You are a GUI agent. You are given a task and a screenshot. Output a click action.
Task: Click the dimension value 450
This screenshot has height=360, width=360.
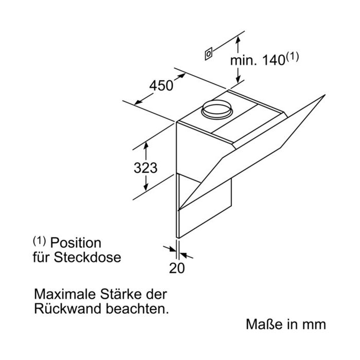161,86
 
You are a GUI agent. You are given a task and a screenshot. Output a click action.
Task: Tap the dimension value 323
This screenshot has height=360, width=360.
146,168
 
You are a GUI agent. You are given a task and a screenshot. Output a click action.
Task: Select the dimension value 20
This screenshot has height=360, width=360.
177,268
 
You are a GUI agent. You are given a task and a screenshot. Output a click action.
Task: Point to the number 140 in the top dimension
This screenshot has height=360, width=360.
273,60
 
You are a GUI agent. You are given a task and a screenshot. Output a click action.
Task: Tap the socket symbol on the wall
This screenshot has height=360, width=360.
208,54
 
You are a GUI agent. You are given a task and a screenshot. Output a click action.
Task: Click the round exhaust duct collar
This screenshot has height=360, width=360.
217,109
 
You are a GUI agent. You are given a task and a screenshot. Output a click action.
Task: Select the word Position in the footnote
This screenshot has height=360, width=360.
76,243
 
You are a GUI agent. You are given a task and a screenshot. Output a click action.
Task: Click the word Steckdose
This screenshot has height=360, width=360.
87,257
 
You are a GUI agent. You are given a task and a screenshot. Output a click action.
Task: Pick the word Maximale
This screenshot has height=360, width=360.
65,294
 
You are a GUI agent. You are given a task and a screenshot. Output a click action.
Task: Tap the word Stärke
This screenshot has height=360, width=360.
120,294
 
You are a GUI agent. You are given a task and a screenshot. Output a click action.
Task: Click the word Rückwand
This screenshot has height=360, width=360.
68,309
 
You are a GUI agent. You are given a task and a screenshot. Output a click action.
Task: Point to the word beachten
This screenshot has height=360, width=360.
137,309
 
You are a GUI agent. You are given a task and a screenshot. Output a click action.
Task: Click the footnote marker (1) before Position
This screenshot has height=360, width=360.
39,241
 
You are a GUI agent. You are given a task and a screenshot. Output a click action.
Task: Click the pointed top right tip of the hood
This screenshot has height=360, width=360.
325,95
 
